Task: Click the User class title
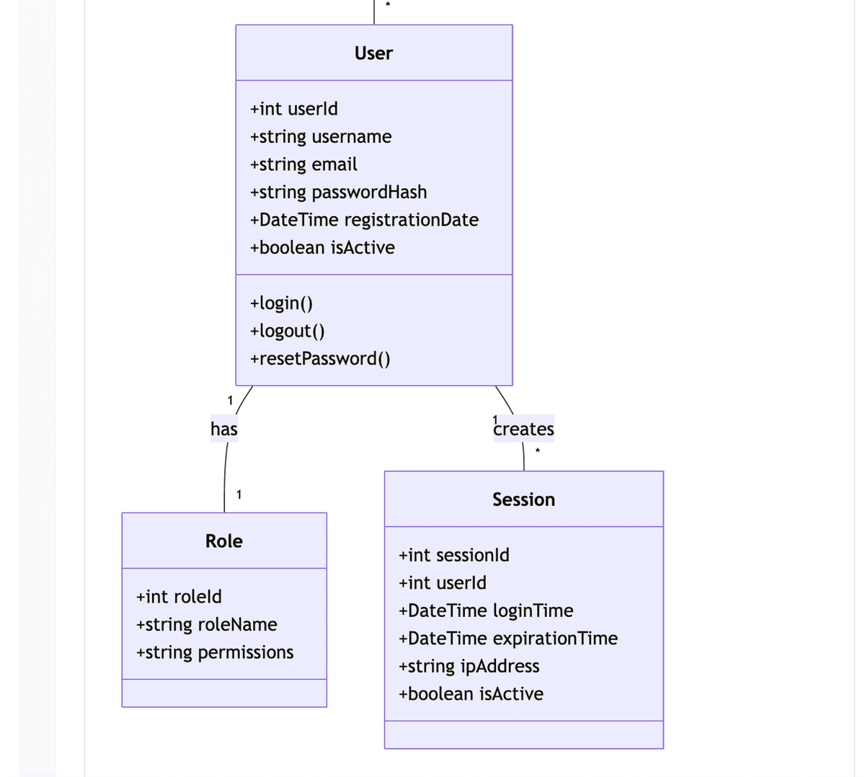pyautogui.click(x=373, y=53)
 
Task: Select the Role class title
pyautogui.click(x=223, y=541)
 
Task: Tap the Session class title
pyautogui.click(x=523, y=499)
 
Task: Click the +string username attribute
pyautogui.click(x=321, y=136)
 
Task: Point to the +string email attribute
pyautogui.click(x=303, y=164)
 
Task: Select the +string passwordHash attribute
pyautogui.click(x=338, y=192)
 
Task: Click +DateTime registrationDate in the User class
pyautogui.click(x=364, y=220)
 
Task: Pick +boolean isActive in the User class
pyautogui.click(x=322, y=247)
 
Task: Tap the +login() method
pyautogui.click(x=281, y=303)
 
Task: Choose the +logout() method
pyautogui.click(x=287, y=331)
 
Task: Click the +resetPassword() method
pyautogui.click(x=320, y=358)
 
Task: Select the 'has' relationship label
pyautogui.click(x=223, y=429)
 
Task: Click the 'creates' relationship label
pyautogui.click(x=524, y=429)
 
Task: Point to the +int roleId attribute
pyautogui.click(x=179, y=597)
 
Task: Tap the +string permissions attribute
pyautogui.click(x=215, y=652)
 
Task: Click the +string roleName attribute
pyautogui.click(x=206, y=624)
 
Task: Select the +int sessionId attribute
pyautogui.click(x=453, y=555)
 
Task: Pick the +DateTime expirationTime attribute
pyautogui.click(x=507, y=639)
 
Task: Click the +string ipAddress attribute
pyautogui.click(x=469, y=666)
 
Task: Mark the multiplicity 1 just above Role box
pyautogui.click(x=239, y=494)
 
